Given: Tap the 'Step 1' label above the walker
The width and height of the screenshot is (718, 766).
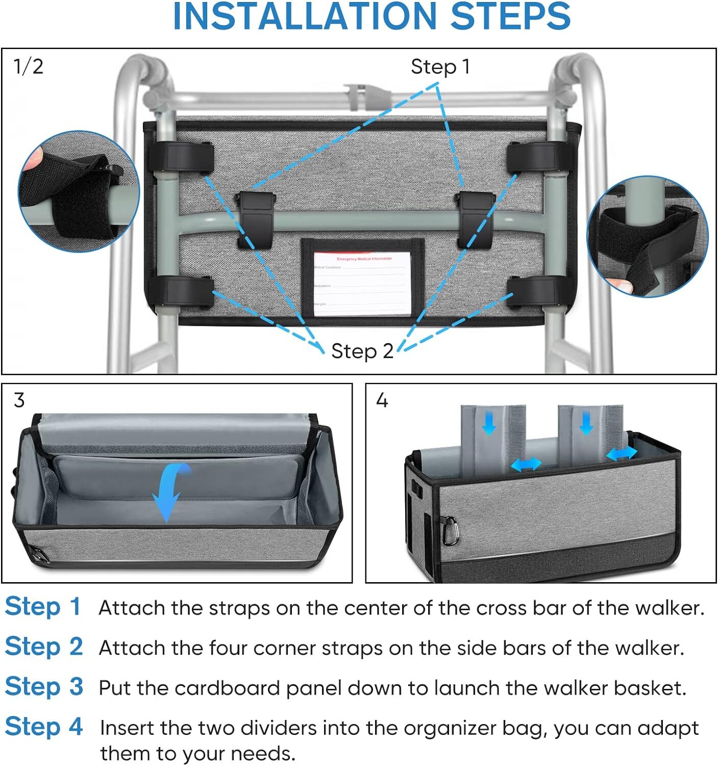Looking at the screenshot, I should [440, 67].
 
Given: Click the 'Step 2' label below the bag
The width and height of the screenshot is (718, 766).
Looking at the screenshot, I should [362, 351].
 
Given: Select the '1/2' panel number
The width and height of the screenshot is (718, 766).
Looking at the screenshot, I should [29, 66].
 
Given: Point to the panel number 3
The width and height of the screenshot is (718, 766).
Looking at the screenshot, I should [19, 400].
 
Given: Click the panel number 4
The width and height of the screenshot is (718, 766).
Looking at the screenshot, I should [382, 400].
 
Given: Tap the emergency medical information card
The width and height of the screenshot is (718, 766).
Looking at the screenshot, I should [362, 281].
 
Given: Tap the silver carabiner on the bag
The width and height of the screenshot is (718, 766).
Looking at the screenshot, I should [450, 531].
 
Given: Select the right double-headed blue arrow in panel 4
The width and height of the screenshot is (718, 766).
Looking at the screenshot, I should [621, 453].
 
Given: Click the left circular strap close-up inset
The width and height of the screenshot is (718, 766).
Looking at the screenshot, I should [79, 191].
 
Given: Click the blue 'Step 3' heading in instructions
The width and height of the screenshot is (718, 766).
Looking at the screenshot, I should [44, 687].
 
